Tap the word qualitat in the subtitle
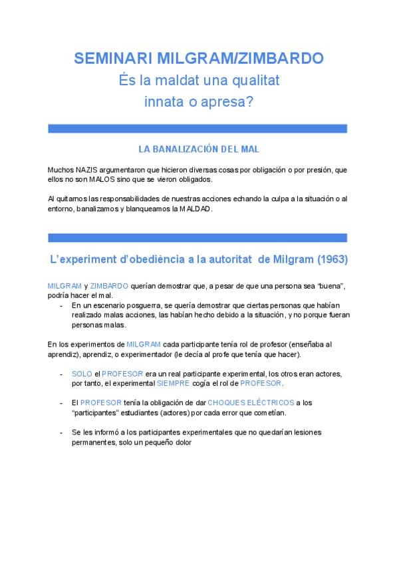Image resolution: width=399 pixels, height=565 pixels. [x=247, y=81]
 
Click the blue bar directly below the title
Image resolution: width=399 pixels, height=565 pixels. [x=198, y=128]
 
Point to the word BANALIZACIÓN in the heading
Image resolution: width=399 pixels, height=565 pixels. [x=195, y=149]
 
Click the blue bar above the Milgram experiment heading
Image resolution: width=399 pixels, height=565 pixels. [x=198, y=237]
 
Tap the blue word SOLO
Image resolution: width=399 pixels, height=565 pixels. [x=82, y=374]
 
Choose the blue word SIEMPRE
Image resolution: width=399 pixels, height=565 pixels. [x=172, y=384]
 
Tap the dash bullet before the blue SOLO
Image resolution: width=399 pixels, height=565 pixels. [x=62, y=374]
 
